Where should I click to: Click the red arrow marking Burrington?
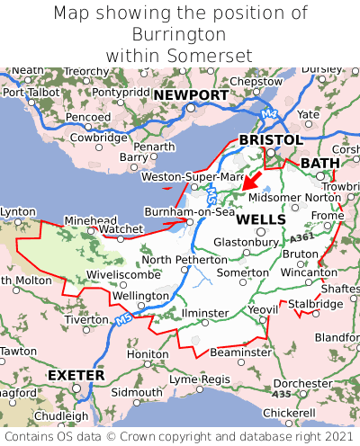tap(249, 183)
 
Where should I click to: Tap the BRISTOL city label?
tap(270, 140)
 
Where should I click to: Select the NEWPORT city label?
tap(190, 95)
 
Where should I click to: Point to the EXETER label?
tap(76, 374)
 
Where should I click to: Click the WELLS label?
tap(261, 219)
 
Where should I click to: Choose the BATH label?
tap(320, 163)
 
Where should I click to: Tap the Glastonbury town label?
tap(245, 242)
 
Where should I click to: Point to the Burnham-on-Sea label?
tap(189, 212)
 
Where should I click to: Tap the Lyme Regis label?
tap(200, 379)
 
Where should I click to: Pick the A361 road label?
tap(303, 236)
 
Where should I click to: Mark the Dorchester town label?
tap(302, 383)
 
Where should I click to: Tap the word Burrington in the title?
tap(180, 34)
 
